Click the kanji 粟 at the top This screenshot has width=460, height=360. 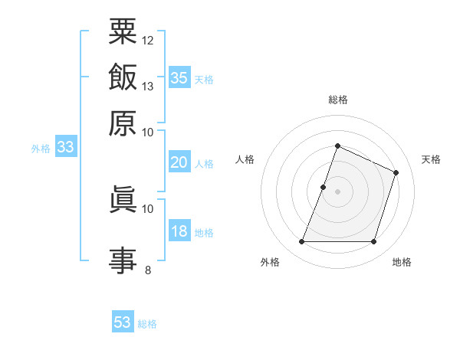(123, 33)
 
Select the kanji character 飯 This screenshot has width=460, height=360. (123, 77)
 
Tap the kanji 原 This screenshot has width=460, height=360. (123, 123)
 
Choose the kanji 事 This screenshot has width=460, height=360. (123, 259)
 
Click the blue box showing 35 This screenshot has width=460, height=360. (179, 77)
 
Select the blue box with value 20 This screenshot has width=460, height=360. (179, 162)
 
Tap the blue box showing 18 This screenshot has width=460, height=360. (179, 232)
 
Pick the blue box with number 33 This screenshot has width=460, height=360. (64, 148)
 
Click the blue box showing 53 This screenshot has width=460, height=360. (123, 322)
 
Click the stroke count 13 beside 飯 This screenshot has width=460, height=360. (148, 86)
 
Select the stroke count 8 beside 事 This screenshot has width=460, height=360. (147, 269)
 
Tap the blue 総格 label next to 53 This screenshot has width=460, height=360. (147, 324)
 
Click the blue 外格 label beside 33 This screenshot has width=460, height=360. (41, 149)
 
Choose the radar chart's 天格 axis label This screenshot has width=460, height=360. (431, 159)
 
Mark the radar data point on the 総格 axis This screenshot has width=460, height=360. (337, 146)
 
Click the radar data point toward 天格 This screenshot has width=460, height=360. (396, 172)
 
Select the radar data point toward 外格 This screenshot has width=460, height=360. (301, 242)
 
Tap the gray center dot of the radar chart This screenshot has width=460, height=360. (337, 191)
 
